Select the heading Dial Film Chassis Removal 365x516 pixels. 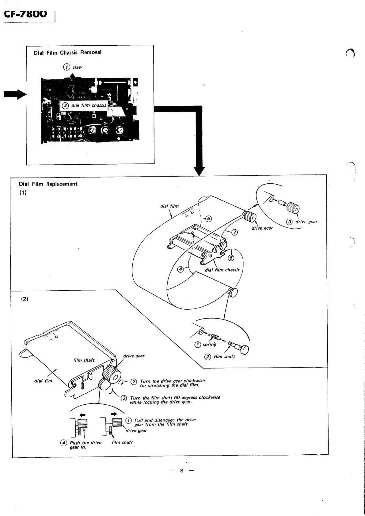pyautogui.click(x=67, y=52)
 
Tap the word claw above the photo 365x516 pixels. pyautogui.click(x=77, y=67)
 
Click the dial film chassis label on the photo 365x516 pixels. pyautogui.click(x=89, y=105)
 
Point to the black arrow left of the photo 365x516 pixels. pyautogui.click(x=15, y=94)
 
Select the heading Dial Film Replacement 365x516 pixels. pyautogui.click(x=48, y=184)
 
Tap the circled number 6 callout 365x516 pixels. pyautogui.click(x=208, y=219)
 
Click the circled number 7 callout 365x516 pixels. pyautogui.click(x=234, y=232)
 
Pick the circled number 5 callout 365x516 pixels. pyautogui.click(x=231, y=258)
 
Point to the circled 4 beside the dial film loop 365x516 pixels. pyautogui.click(x=181, y=269)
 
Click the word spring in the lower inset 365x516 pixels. pyautogui.click(x=209, y=344)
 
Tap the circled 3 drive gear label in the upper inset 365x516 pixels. pyautogui.click(x=302, y=222)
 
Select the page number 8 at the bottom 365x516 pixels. pyautogui.click(x=182, y=470)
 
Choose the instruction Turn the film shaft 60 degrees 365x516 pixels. pyautogui.click(x=175, y=399)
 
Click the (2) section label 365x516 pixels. pyautogui.click(x=25, y=299)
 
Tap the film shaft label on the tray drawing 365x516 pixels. pyautogui.click(x=84, y=360)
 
